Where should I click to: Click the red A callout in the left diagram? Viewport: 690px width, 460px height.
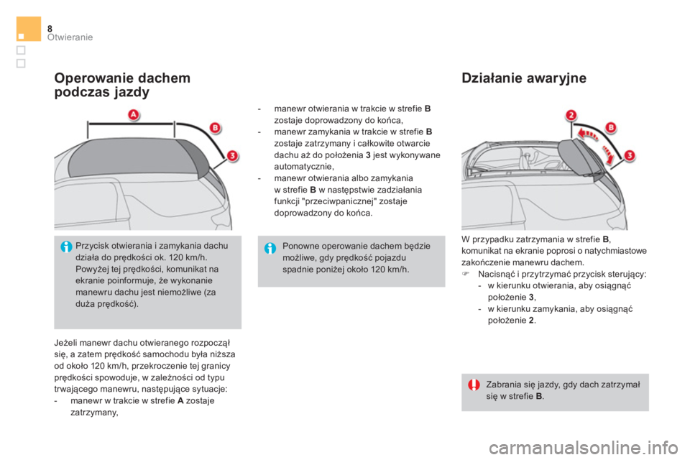point(134,115)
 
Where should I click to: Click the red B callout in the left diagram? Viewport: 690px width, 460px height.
point(214,128)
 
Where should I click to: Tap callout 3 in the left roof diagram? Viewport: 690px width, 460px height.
point(232,155)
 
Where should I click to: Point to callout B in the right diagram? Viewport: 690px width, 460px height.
point(611,127)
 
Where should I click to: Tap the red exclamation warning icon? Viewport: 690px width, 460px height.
point(474,385)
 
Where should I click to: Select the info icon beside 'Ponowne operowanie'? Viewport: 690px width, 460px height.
point(270,248)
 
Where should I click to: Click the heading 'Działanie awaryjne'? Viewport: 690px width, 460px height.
point(524,78)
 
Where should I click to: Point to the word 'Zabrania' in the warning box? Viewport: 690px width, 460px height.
point(502,384)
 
